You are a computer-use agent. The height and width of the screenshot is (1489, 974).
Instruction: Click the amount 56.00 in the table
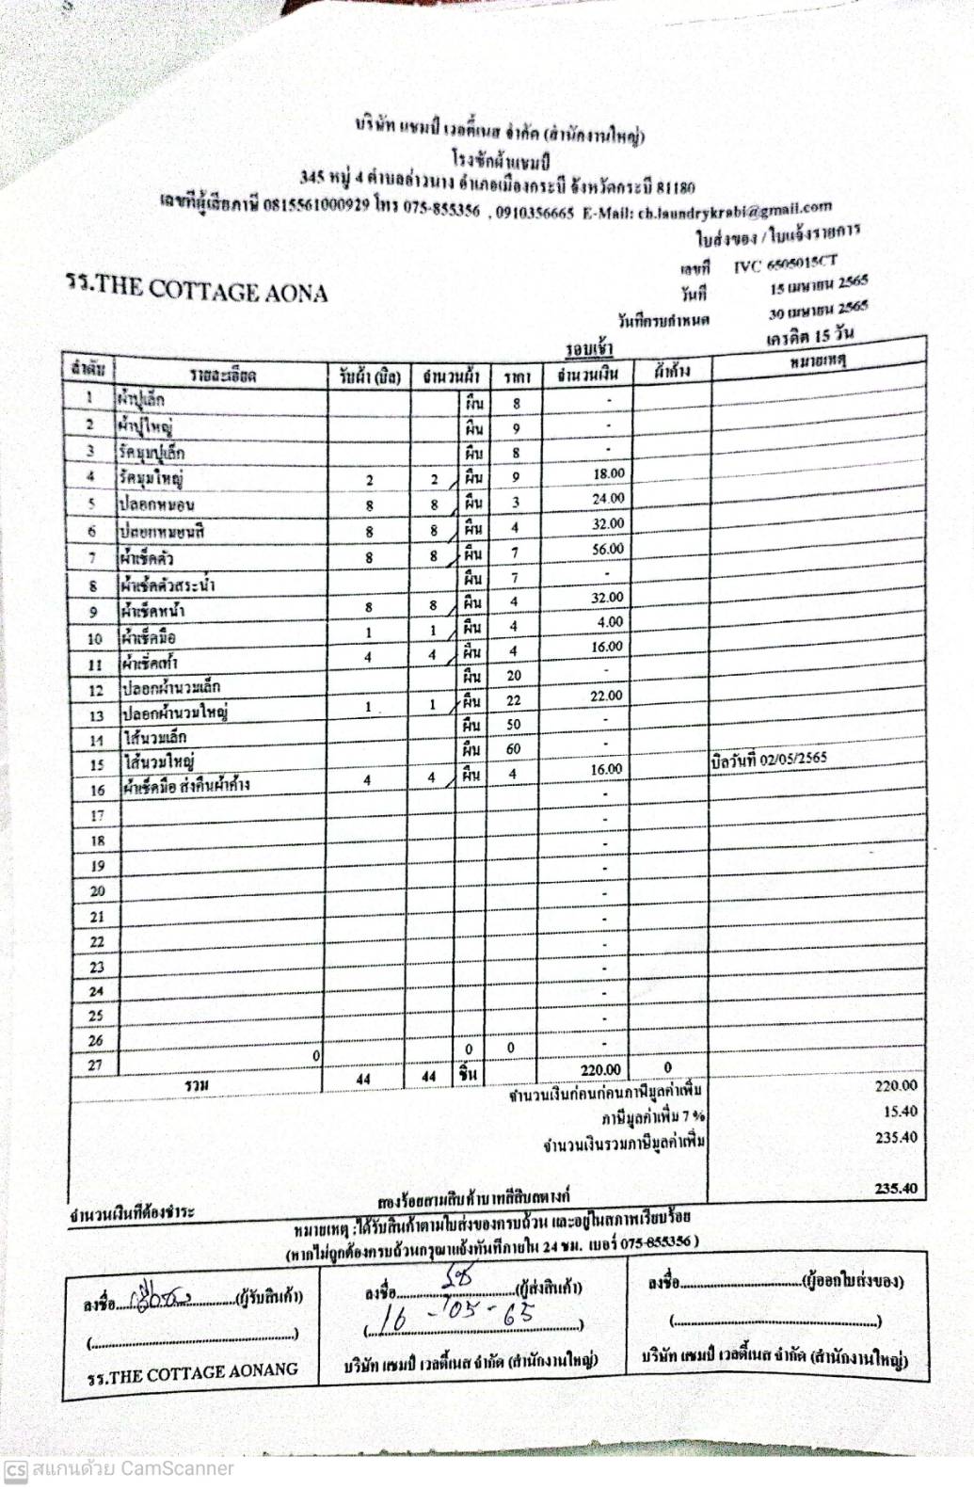(x=607, y=549)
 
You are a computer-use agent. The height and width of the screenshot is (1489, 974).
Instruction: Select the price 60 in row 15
(x=514, y=749)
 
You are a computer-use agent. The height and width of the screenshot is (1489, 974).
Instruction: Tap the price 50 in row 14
(x=514, y=725)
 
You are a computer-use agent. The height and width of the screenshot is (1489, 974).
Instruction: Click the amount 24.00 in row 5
(x=608, y=499)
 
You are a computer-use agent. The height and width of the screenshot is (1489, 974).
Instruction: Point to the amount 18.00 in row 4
(x=609, y=473)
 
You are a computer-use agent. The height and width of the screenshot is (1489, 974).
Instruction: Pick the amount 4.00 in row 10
(x=610, y=622)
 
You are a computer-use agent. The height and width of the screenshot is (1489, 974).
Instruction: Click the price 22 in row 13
(x=514, y=700)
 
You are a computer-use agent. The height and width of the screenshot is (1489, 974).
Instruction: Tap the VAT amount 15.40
(x=900, y=1112)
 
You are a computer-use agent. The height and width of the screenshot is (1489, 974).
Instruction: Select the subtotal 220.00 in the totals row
(x=600, y=1070)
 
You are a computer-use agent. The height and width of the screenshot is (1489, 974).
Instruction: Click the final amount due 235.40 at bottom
(x=896, y=1189)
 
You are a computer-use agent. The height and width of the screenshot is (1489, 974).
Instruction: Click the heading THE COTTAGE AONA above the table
(x=197, y=290)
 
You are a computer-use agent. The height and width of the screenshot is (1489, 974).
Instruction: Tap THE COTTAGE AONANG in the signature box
(x=192, y=1373)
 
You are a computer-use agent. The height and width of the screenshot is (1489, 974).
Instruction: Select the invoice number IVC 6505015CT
(x=785, y=264)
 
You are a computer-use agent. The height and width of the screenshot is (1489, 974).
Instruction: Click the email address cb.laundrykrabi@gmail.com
(x=735, y=210)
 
